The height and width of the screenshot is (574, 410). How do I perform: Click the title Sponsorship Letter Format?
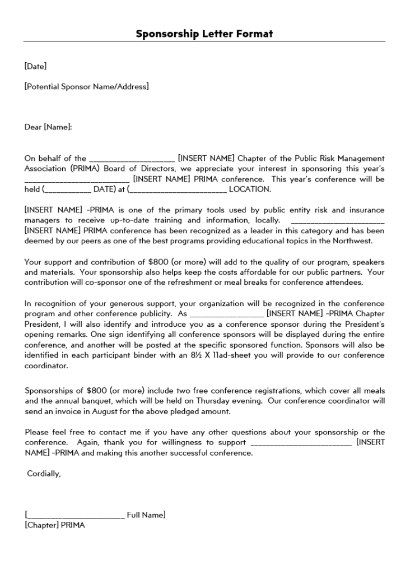pyautogui.click(x=204, y=34)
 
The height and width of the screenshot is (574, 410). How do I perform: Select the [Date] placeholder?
pyautogui.click(x=35, y=66)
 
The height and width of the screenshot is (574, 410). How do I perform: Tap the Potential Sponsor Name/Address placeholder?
pyautogui.click(x=86, y=87)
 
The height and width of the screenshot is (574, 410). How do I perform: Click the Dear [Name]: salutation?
pyautogui.click(x=48, y=127)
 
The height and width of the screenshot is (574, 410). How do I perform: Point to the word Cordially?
pyautogui.click(x=44, y=474)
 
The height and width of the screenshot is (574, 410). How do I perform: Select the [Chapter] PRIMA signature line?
pyautogui.click(x=54, y=525)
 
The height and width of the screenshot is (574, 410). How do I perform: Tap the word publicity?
pyautogui.click(x=156, y=314)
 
